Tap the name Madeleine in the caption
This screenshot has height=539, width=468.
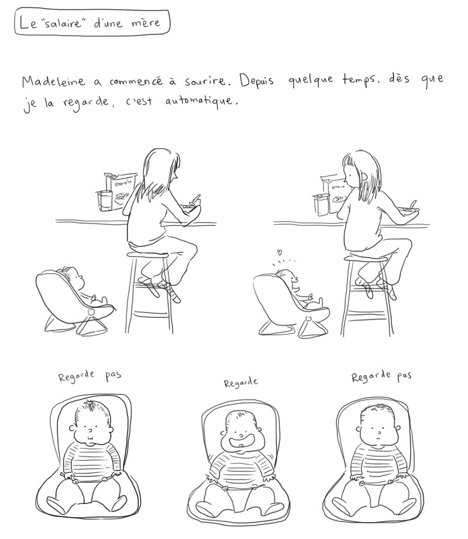53,82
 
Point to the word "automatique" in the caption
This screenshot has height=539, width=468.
201,102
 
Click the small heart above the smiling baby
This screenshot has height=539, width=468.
280,253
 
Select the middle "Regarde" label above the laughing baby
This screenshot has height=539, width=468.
240,382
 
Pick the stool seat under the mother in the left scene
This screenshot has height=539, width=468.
147,255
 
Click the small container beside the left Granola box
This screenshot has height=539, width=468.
104,200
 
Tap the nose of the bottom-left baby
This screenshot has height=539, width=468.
90,430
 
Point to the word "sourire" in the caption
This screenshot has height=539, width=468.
205,81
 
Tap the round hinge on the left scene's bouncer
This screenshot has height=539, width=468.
92,313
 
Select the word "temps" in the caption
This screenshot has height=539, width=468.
361,81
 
